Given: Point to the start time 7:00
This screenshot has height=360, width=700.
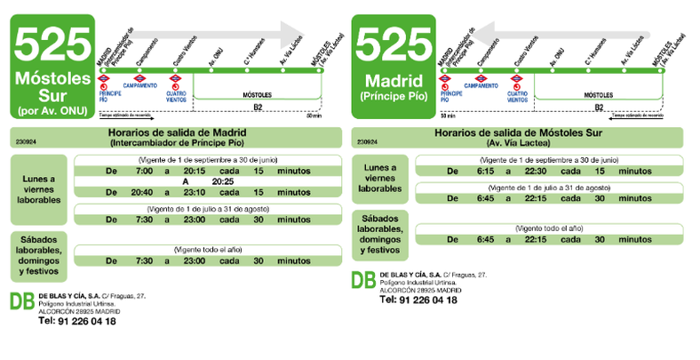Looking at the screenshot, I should click(x=144, y=170).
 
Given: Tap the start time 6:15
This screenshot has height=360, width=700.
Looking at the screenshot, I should click(x=484, y=170).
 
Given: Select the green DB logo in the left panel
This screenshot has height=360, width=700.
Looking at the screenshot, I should click(x=22, y=303).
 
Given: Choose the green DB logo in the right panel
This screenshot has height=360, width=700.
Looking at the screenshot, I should click(x=362, y=282).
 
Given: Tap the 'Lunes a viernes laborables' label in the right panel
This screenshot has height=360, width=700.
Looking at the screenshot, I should click(x=380, y=178).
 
